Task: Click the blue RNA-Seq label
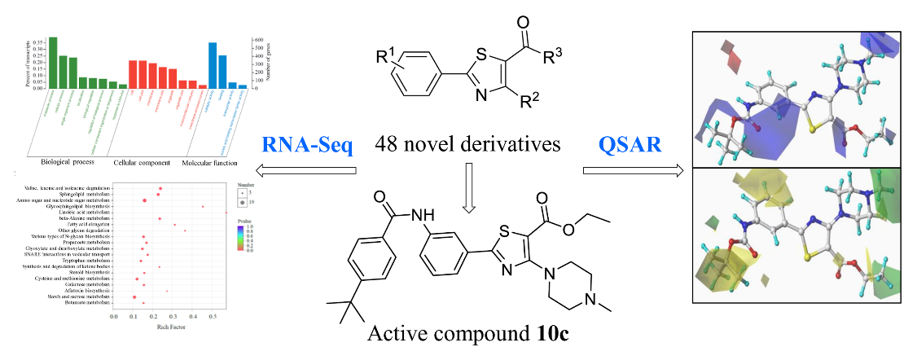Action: [307, 146]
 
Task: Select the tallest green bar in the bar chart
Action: [53, 61]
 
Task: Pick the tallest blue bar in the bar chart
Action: [213, 64]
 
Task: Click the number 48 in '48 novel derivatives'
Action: [386, 146]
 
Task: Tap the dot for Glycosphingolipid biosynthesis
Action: [203, 207]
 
